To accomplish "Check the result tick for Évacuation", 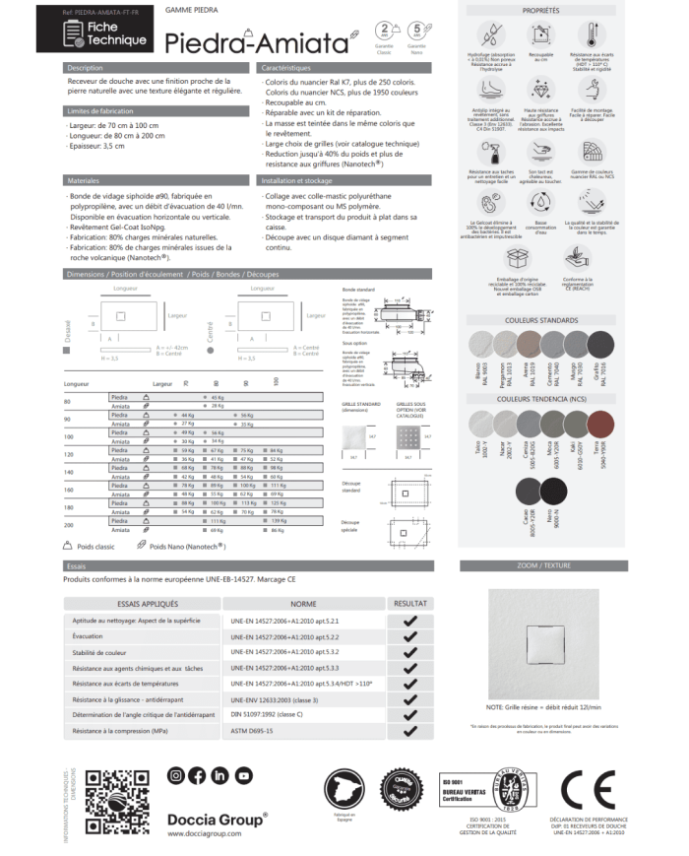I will [409, 637].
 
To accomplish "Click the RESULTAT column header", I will [409, 602].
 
